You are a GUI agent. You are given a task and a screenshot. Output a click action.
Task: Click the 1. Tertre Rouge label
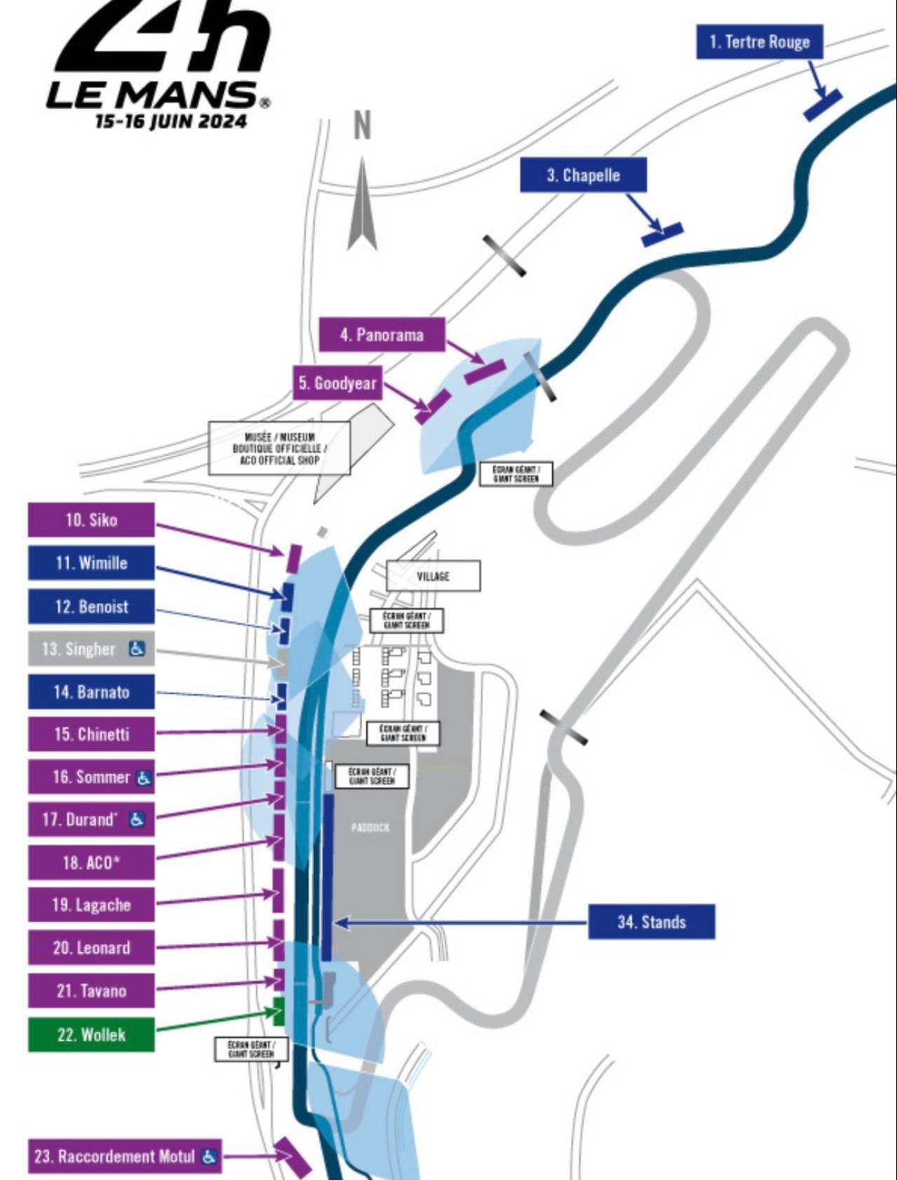tap(759, 42)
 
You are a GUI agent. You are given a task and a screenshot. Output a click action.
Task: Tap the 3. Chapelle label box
tap(583, 175)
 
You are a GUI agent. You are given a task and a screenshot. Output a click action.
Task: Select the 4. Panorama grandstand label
tap(382, 334)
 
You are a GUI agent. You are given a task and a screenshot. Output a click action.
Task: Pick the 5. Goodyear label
tap(337, 383)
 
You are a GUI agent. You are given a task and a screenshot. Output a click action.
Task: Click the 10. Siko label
tap(91, 520)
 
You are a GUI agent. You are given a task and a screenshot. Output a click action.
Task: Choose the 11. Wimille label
tap(91, 563)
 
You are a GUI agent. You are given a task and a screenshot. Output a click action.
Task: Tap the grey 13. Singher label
tap(91, 649)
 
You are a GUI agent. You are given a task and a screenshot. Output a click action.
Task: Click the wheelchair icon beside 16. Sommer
tap(143, 778)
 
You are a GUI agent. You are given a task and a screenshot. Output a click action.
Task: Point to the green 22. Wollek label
tap(91, 1034)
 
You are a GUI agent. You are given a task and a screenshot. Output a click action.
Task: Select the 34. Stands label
tap(651, 922)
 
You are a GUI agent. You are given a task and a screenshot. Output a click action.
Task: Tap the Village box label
tap(433, 576)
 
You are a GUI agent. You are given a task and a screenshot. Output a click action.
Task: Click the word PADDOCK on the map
tap(370, 828)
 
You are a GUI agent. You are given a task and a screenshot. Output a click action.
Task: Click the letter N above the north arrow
tap(362, 126)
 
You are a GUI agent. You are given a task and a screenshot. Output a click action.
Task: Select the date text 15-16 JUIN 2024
tap(170, 121)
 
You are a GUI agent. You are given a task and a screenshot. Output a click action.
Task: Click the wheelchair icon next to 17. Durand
tap(137, 820)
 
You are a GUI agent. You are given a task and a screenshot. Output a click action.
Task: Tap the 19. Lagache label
tap(91, 905)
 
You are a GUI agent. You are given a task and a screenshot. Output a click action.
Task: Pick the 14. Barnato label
tap(91, 692)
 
